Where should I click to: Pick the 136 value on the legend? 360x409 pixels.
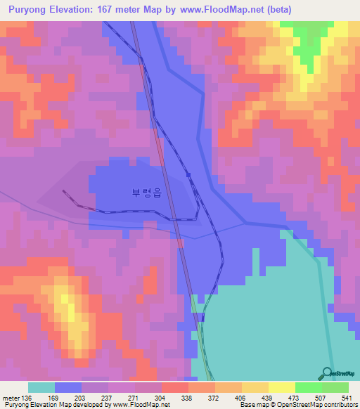(27, 398)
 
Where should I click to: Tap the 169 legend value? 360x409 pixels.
(54, 398)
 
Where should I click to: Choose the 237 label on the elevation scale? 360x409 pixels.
(108, 398)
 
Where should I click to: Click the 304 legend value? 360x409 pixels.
(161, 398)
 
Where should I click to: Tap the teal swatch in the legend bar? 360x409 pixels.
(41, 387)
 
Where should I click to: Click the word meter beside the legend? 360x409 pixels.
(11, 398)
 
